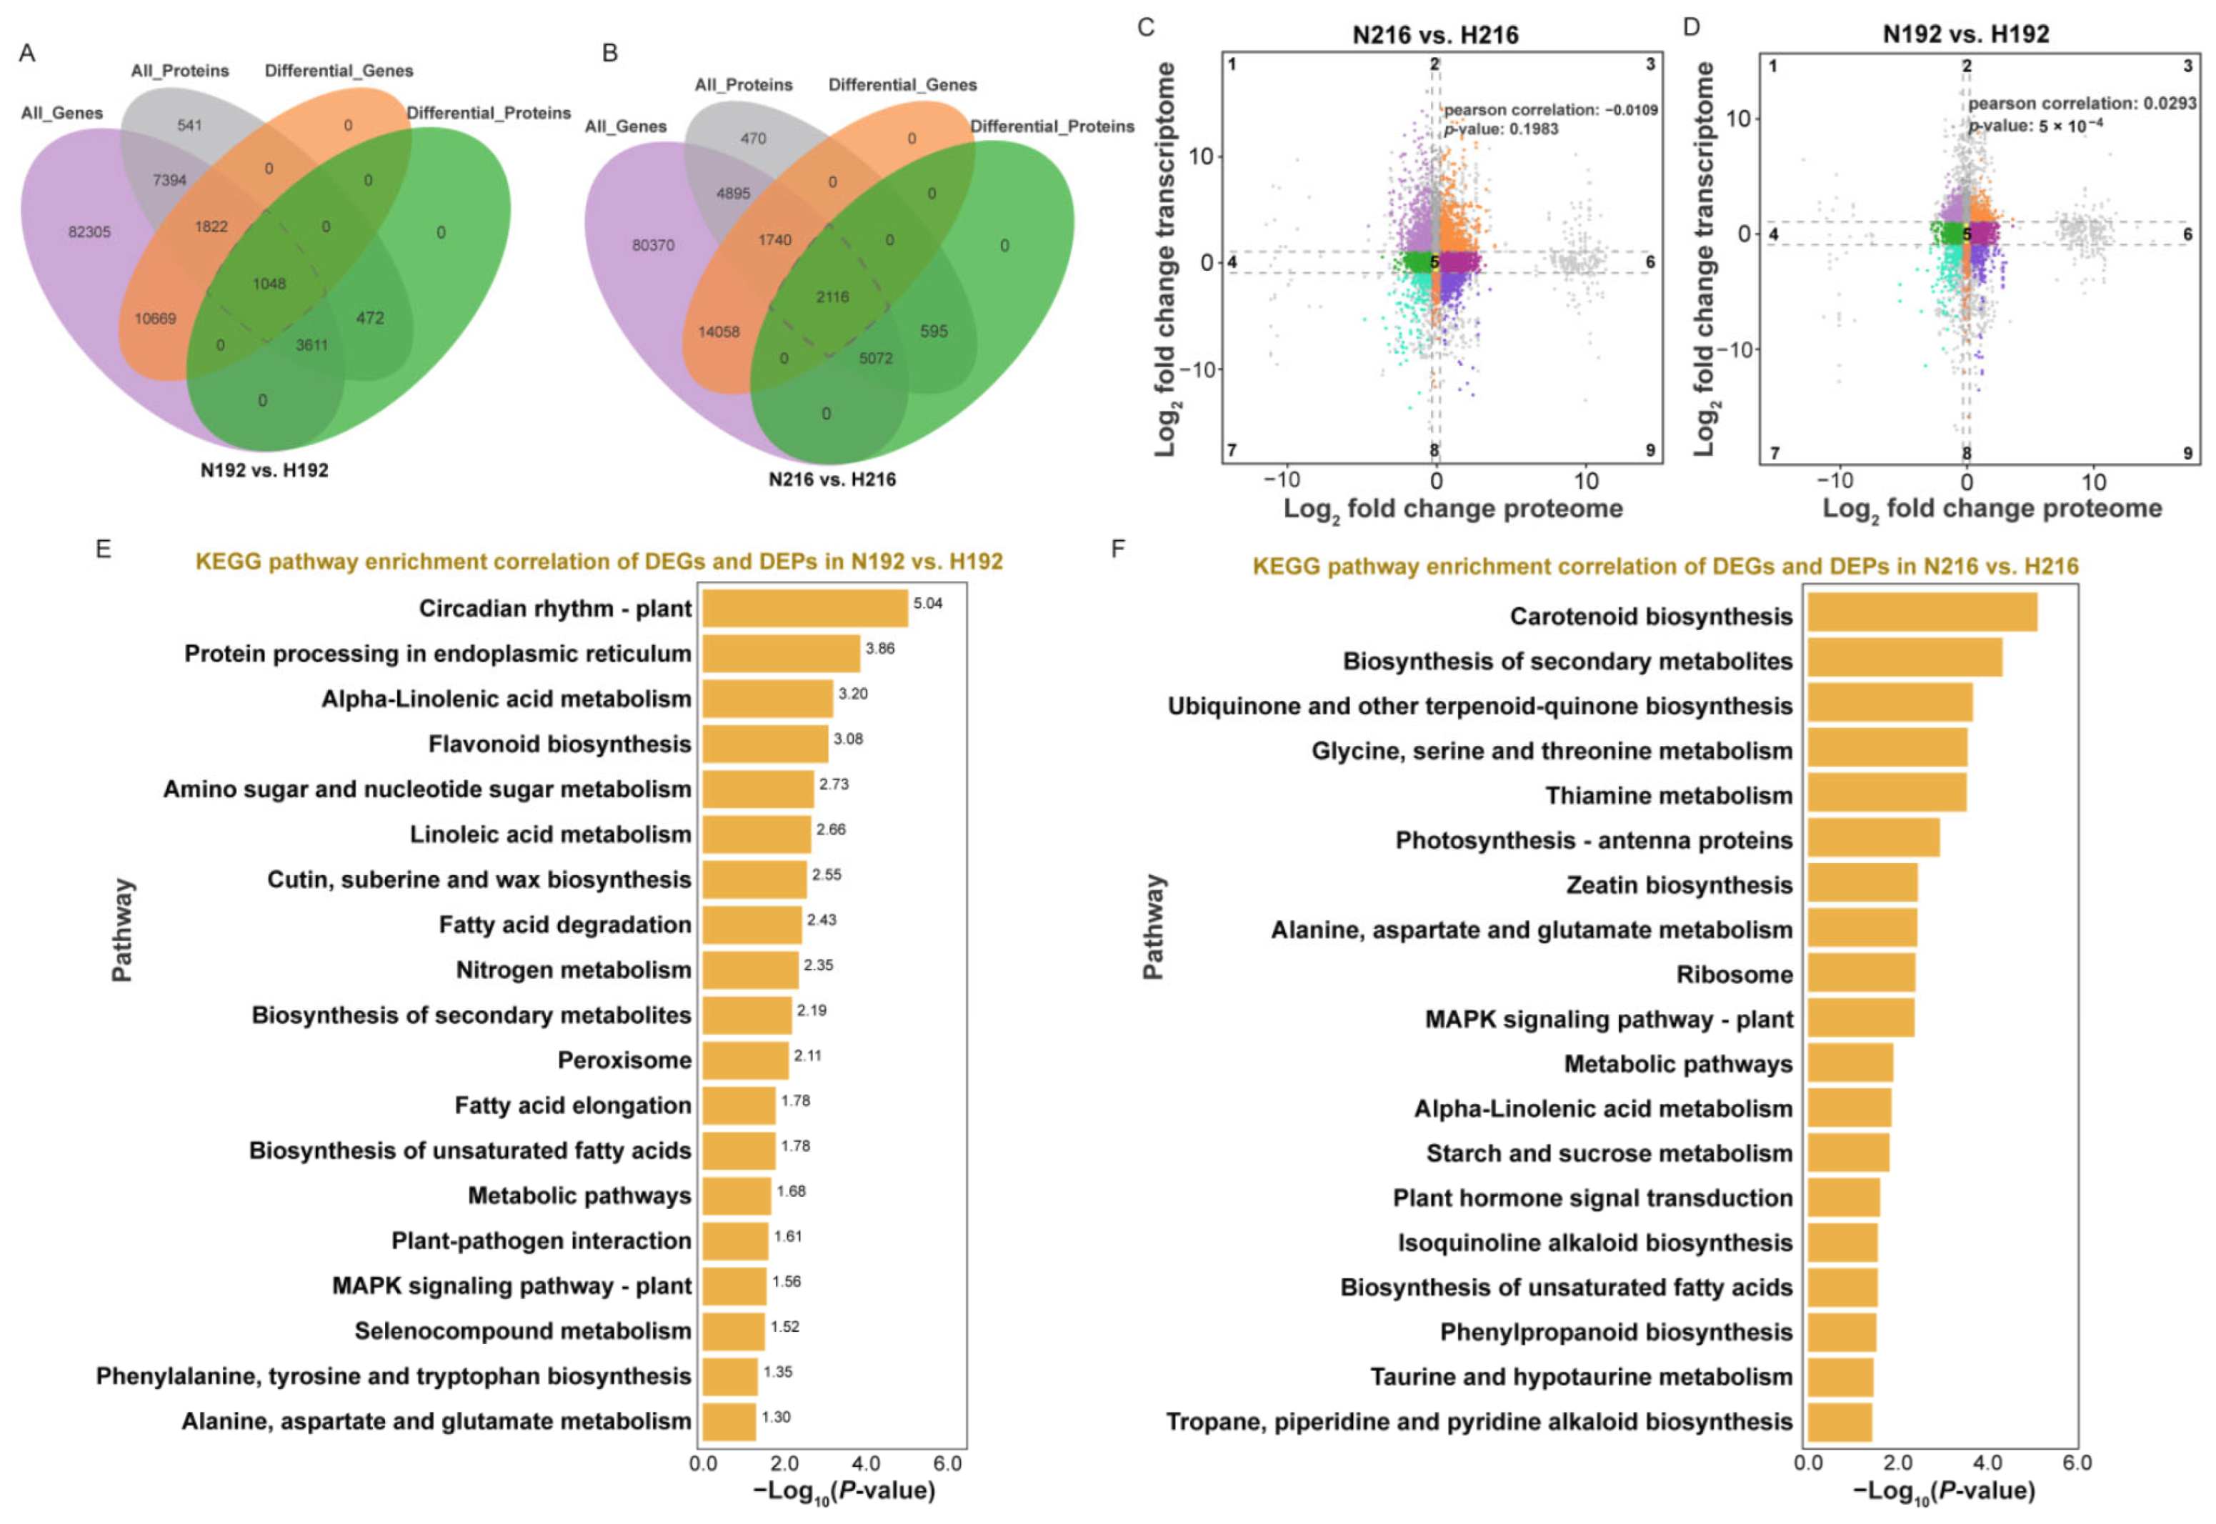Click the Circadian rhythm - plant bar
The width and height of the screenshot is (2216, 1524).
pyautogui.click(x=805, y=608)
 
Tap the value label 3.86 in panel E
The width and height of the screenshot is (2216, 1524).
pyautogui.click(x=879, y=648)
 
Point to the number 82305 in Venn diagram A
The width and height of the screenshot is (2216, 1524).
pyautogui.click(x=90, y=232)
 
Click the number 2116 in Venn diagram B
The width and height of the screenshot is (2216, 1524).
pyautogui.click(x=832, y=297)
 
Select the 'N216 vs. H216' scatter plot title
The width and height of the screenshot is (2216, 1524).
pyautogui.click(x=1435, y=35)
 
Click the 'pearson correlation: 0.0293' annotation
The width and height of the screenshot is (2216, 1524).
pyautogui.click(x=2082, y=103)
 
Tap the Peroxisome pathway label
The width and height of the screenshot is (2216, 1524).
pyautogui.click(x=624, y=1060)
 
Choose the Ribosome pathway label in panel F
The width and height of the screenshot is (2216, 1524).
pyautogui.click(x=1734, y=974)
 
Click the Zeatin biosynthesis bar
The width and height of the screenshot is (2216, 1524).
pyautogui.click(x=1862, y=882)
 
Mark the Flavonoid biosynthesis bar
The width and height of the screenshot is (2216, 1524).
pyautogui.click(x=765, y=744)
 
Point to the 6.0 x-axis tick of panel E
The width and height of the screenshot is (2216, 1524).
pyautogui.click(x=947, y=1463)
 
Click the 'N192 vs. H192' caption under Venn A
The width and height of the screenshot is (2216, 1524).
pyautogui.click(x=264, y=470)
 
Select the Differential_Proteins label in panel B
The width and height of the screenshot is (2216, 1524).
pyautogui.click(x=1052, y=126)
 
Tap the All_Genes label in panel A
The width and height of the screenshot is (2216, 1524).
pyautogui.click(x=62, y=113)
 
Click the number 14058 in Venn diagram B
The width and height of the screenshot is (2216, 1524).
pyautogui.click(x=719, y=332)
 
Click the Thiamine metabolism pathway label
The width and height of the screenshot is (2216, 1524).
pyautogui.click(x=1668, y=795)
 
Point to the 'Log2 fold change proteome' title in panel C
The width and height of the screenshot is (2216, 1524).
pyautogui.click(x=1452, y=509)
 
